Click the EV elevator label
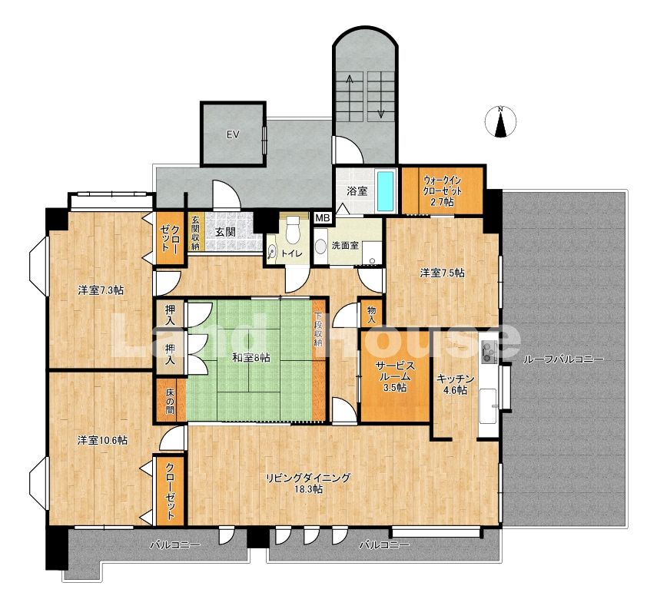point(233,134)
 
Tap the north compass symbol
point(500,122)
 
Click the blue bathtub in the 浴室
point(387,191)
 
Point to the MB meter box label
point(323,218)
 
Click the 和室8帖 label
point(251,358)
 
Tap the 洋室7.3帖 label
point(101,290)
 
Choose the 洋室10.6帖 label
point(103,440)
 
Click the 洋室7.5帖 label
point(443,273)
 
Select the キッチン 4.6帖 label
point(456,385)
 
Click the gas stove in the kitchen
point(489,352)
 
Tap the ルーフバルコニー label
point(563,359)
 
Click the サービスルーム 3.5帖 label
point(395,376)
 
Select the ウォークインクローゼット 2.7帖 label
point(442,191)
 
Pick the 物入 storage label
point(371,315)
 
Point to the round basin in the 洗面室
point(321,247)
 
